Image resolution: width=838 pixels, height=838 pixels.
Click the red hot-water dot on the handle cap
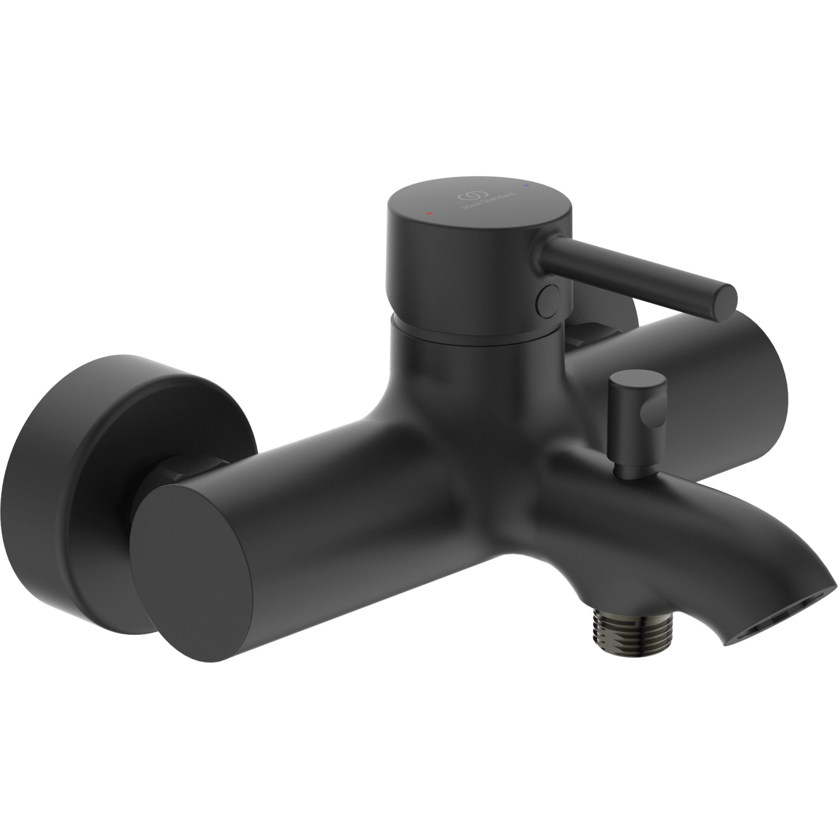(x=428, y=213)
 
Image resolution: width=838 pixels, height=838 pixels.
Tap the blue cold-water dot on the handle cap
(x=525, y=183)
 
